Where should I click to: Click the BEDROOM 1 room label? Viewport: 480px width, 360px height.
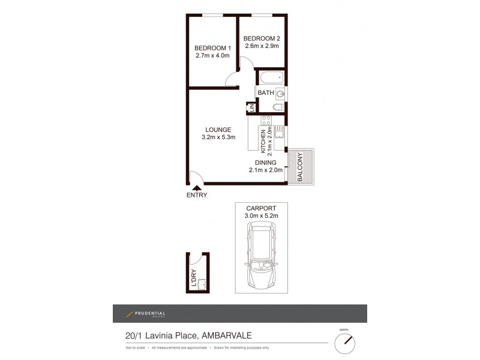(213, 48)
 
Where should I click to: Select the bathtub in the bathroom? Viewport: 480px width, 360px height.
(271, 77)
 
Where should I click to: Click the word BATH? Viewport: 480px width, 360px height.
(266, 93)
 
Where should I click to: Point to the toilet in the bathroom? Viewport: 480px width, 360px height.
(278, 107)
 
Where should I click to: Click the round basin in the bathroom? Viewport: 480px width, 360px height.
(280, 93)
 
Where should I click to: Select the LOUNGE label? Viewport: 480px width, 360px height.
(217, 129)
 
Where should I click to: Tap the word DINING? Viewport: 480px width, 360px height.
(265, 162)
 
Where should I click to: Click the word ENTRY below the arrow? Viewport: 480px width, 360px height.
(196, 196)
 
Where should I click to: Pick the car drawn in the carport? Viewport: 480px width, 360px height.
(260, 255)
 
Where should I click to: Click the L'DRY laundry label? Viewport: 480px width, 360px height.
(193, 280)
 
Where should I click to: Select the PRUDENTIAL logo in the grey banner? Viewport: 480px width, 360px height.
(146, 314)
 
